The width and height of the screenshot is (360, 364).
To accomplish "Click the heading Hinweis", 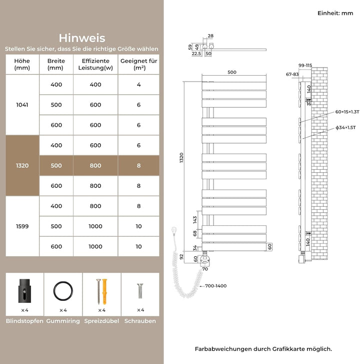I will coord(81,38).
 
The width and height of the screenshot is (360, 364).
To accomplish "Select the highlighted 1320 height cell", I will coord(22,165).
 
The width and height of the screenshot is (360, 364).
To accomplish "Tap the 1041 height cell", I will coord(22,105).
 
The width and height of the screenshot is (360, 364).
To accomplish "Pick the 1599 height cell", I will coord(22,226).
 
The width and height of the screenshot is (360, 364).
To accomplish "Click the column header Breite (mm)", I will coord(56,64).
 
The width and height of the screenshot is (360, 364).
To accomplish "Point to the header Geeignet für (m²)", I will coord(138,64).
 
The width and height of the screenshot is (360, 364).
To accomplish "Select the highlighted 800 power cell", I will coord(95,165).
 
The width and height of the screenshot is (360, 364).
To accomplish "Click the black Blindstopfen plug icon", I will coord(24,292).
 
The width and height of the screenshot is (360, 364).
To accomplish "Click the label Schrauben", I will coord(140,321).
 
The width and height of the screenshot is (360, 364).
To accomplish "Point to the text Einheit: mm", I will coord(335,14).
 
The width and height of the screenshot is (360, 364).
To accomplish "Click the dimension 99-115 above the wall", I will coord(305,65).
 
